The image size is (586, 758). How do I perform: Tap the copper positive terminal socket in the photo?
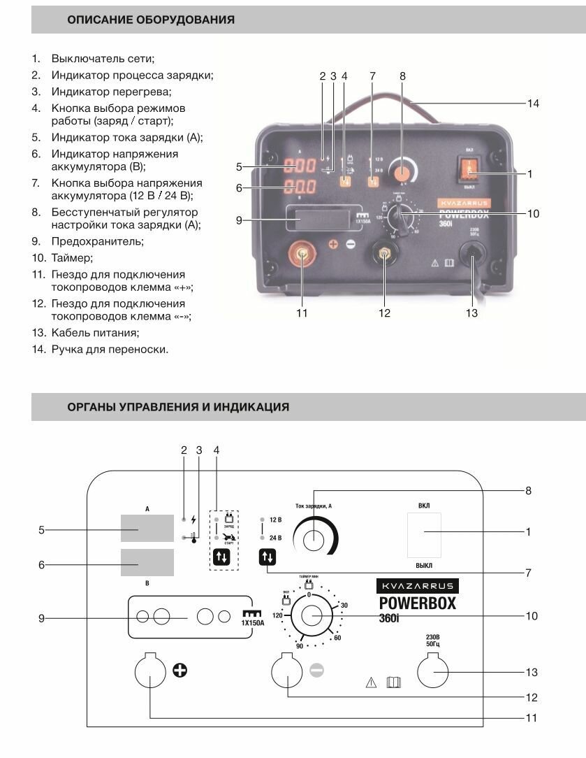(302, 257)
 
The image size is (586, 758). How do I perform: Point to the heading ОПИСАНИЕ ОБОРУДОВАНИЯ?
(151, 20)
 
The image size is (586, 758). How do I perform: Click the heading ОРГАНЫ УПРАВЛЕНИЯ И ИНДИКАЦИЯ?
(178, 406)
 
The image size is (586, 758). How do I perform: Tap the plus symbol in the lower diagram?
(180, 671)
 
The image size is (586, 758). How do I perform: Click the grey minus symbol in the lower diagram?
(316, 670)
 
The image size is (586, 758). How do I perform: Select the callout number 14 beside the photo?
(534, 103)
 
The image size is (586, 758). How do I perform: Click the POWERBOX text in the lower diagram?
(417, 603)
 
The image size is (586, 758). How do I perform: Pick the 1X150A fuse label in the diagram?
(252, 622)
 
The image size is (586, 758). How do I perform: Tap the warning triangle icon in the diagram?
(371, 682)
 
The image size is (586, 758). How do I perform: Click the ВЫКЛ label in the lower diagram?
(424, 564)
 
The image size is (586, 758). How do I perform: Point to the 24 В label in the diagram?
(274, 538)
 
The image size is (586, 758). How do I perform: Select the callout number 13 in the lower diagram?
(532, 672)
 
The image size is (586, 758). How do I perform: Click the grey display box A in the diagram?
(147, 528)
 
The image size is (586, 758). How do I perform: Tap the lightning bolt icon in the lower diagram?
(193, 520)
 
